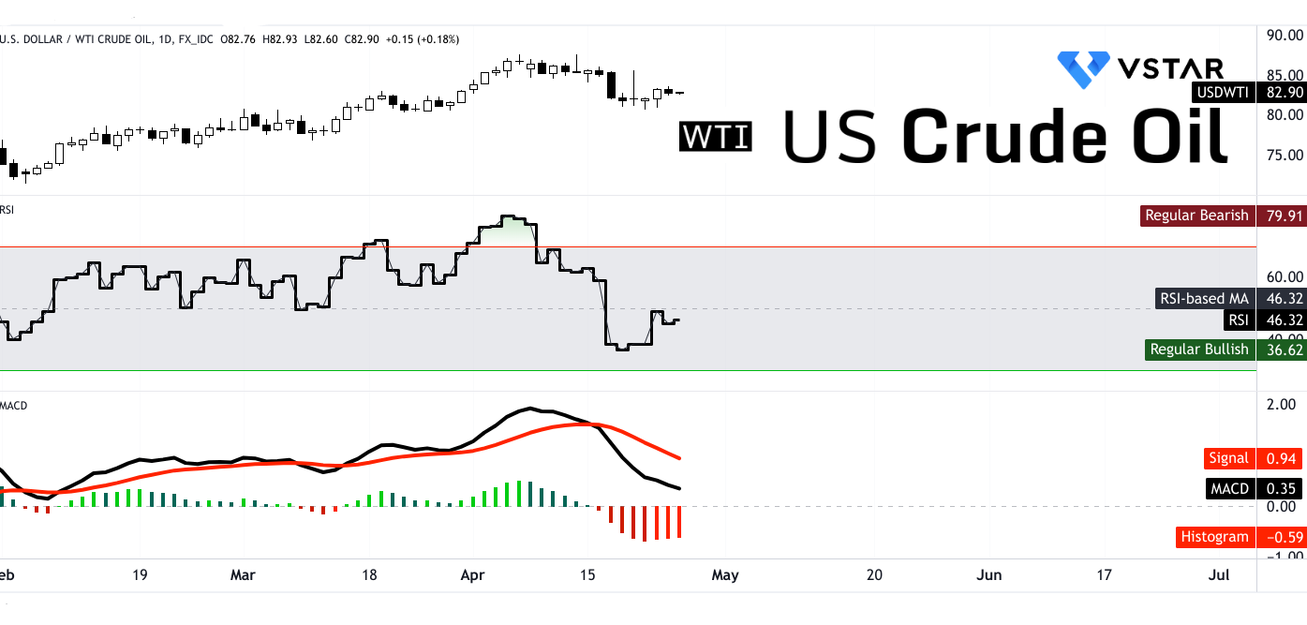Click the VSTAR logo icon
[1083, 69]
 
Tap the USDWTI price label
[1222, 93]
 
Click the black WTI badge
[716, 137]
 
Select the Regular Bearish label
[1196, 216]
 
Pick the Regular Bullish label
[1199, 350]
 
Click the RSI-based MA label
[1204, 299]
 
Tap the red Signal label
[1228, 458]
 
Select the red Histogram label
[1214, 537]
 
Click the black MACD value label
[1230, 488]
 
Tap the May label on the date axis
[725, 574]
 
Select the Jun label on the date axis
[990, 574]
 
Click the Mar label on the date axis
[244, 574]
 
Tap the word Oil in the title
[1175, 137]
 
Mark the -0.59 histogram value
[1280, 537]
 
